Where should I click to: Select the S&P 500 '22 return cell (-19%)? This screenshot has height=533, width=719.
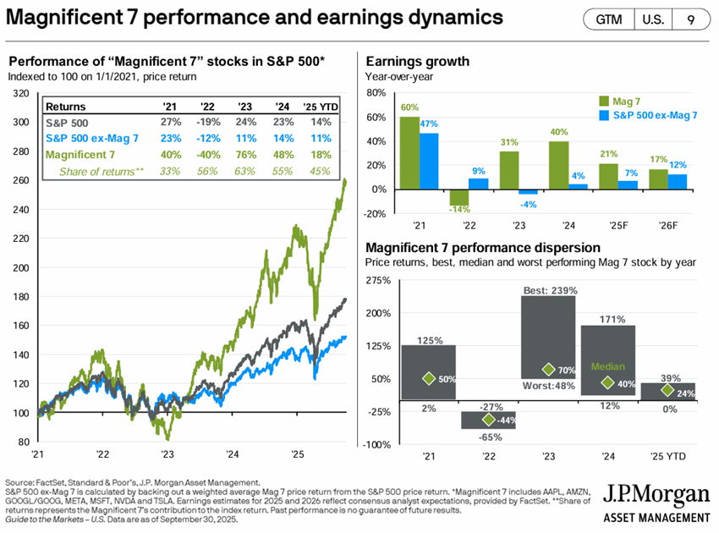206,122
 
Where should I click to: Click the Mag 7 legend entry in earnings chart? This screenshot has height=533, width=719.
626,98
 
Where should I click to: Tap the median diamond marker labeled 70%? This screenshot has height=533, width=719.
548,370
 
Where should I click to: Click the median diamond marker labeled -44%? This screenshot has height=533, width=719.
488,419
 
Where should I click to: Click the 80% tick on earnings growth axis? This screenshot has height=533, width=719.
375,92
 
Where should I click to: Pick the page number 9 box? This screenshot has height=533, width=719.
691,19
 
